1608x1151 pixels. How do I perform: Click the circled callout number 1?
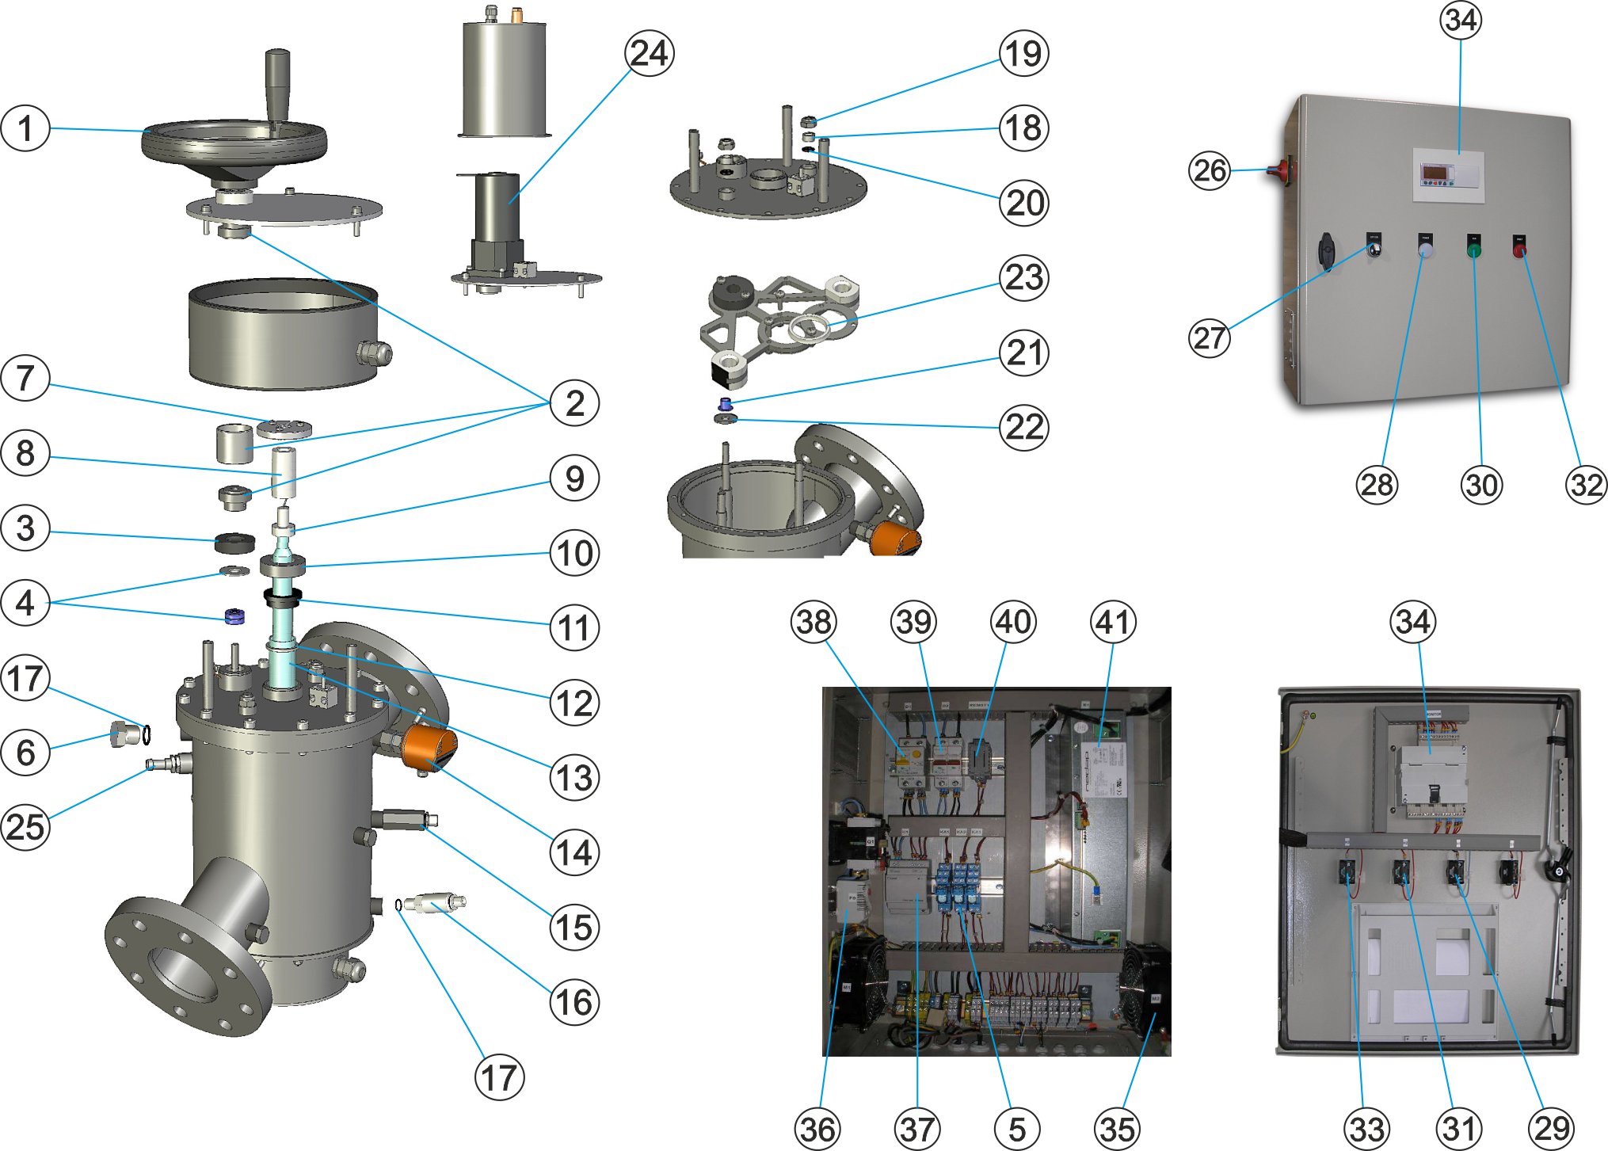pyautogui.click(x=25, y=128)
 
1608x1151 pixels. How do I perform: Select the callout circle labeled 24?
pyautogui.click(x=650, y=54)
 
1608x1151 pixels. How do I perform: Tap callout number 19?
pyautogui.click(x=1023, y=54)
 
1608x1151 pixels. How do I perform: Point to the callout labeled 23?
pyautogui.click(x=1024, y=277)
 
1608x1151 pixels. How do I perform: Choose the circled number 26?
pyautogui.click(x=1210, y=170)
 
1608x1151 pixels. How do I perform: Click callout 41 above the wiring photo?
pyautogui.click(x=1113, y=622)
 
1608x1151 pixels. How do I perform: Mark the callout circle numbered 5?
pyautogui.click(x=1017, y=1129)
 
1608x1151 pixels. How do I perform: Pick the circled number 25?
pyautogui.click(x=25, y=827)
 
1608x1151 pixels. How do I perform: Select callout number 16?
pyautogui.click(x=574, y=1002)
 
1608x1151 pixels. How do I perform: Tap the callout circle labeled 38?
pyautogui.click(x=814, y=622)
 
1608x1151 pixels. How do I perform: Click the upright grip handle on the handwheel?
pyautogui.click(x=277, y=83)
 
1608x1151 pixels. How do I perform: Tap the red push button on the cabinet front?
pyautogui.click(x=1519, y=251)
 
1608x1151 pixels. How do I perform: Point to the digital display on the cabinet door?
pyautogui.click(x=1435, y=173)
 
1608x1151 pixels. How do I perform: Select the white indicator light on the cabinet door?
pyautogui.click(x=1426, y=251)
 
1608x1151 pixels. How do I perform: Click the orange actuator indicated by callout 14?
pyautogui.click(x=429, y=749)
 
